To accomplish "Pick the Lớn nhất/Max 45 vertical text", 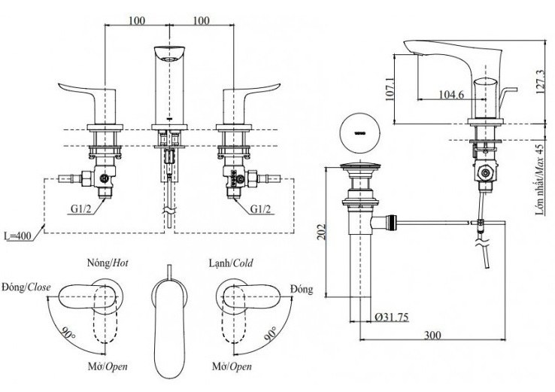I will (x=540, y=180).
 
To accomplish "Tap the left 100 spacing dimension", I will (x=136, y=20).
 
